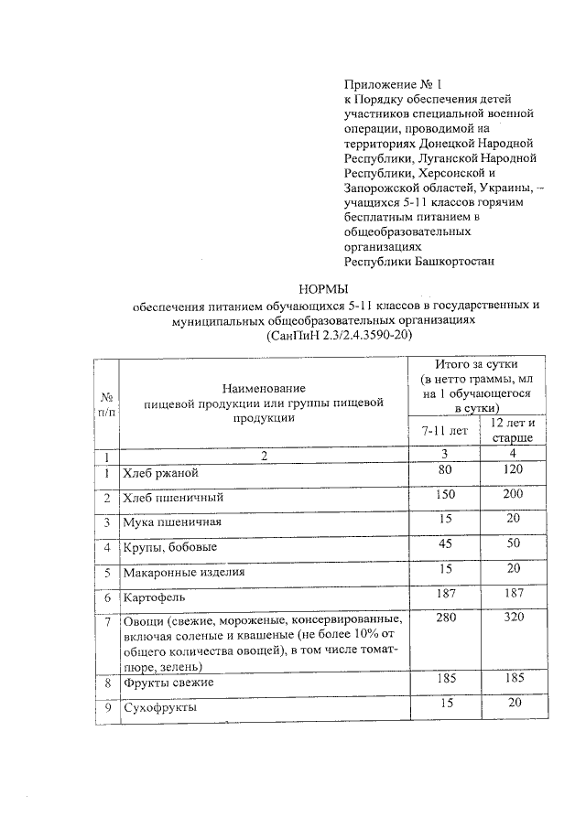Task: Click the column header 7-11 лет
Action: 444,429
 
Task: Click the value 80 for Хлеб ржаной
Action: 445,470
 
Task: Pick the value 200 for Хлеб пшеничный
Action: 513,494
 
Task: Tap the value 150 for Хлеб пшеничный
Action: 445,494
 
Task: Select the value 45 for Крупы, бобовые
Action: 445,543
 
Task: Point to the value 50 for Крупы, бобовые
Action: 514,543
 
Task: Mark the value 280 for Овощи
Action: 445,618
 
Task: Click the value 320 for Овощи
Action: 514,618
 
